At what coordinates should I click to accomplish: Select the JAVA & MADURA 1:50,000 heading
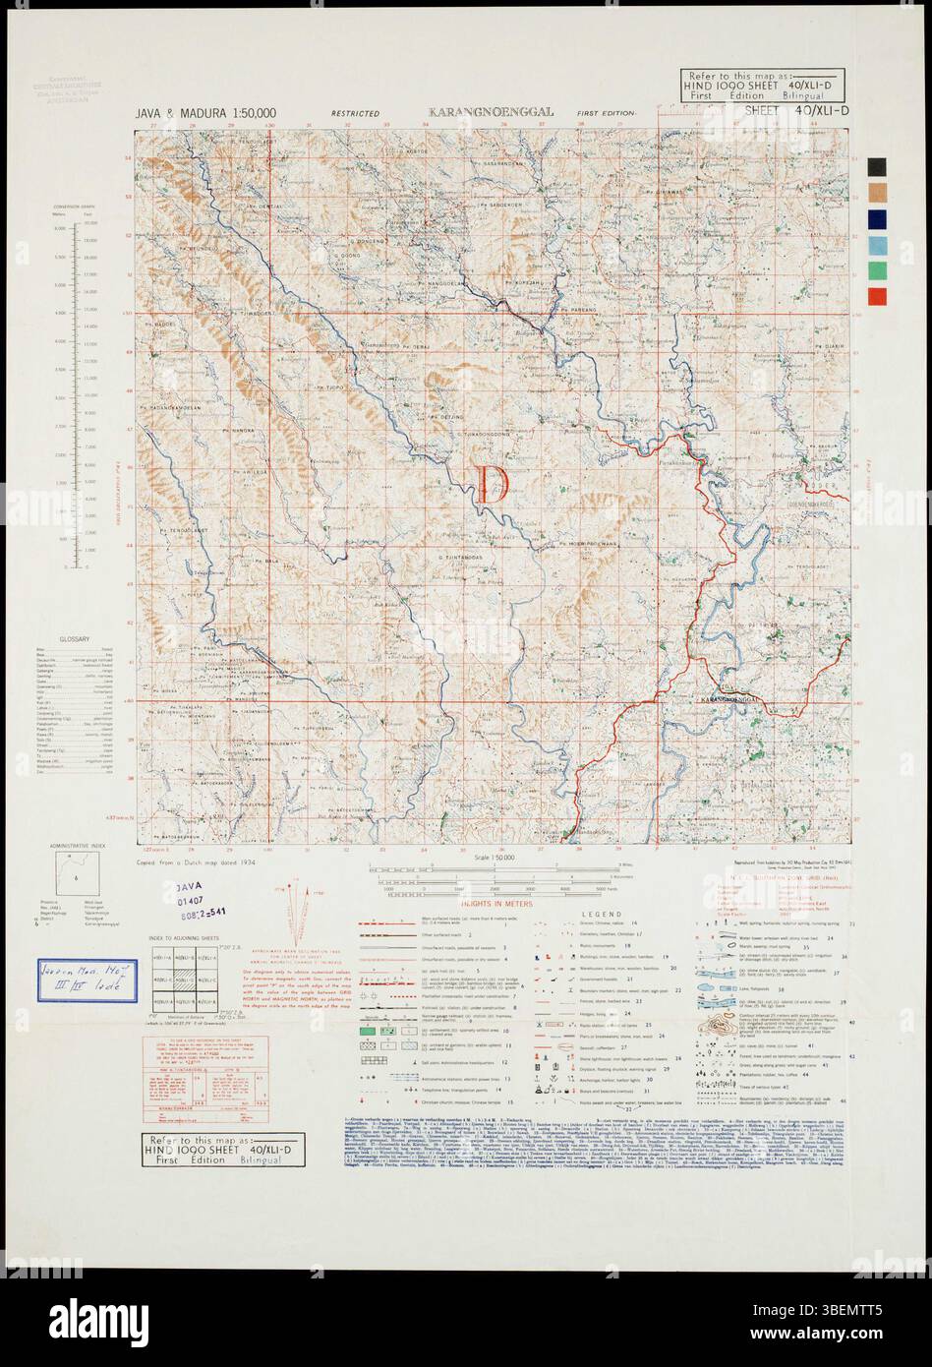205,114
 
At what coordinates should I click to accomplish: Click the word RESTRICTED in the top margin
355,114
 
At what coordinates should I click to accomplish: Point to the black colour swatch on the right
877,166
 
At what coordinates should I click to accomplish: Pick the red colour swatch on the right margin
877,296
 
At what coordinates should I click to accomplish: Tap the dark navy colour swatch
877,218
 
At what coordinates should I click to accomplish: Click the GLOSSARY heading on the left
75,637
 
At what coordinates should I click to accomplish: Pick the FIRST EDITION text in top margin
607,114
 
